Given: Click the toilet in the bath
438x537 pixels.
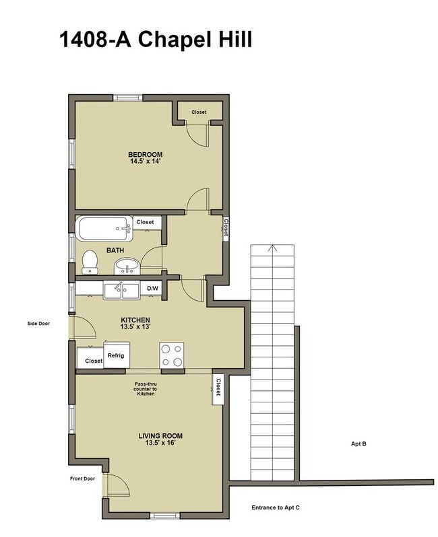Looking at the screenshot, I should point(89,260).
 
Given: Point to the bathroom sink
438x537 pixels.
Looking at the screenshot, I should point(126,267).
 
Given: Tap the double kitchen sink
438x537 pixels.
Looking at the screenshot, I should point(121,290).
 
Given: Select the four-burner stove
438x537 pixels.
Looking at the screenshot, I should point(171,355).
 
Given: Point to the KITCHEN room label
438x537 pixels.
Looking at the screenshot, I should point(135,320).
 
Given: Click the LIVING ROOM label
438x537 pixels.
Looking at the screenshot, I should point(160,436).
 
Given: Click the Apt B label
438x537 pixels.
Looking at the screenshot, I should point(358,443).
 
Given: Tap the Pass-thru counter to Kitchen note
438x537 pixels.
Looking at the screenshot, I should point(146,388).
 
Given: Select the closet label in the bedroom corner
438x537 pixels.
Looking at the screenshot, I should point(198,112).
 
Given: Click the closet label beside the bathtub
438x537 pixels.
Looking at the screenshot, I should point(145,222).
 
